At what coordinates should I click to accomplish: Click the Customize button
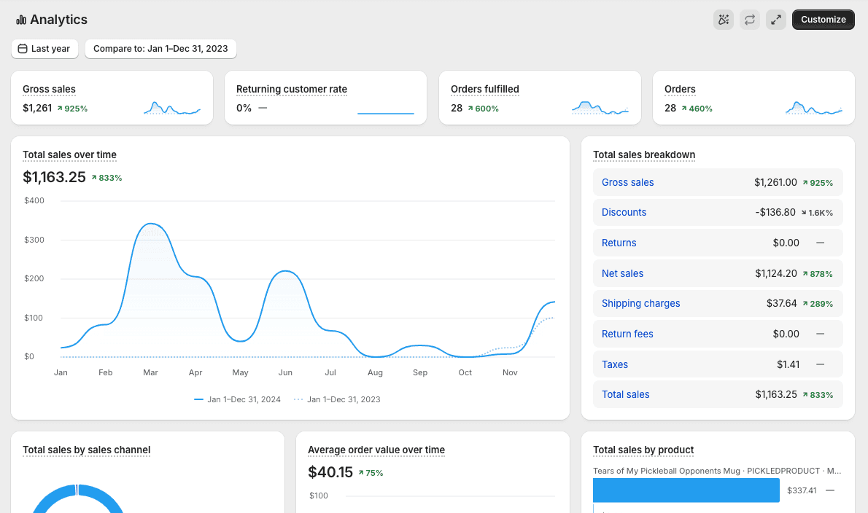[824, 20]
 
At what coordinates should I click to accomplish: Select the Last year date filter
[44, 49]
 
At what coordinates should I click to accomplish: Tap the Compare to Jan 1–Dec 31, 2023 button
[160, 49]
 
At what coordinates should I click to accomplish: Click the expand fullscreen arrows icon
[776, 20]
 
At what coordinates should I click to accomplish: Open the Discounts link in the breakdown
[624, 212]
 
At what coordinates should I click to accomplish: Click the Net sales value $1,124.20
[776, 273]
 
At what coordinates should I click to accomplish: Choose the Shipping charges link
[641, 303]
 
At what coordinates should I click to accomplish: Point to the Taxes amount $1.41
[788, 364]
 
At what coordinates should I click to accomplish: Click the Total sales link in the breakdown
[626, 394]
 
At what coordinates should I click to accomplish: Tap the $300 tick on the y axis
[34, 239]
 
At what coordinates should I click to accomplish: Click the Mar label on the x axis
[150, 372]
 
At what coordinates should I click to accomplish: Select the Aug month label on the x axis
[376, 372]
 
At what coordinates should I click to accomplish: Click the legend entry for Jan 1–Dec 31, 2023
[337, 399]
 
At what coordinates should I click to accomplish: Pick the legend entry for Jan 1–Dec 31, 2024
[238, 399]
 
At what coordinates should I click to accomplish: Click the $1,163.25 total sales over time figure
[54, 177]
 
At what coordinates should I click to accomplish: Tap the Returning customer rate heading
[292, 89]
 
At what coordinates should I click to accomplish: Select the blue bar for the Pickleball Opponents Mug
[686, 490]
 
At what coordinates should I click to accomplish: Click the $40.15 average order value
[330, 472]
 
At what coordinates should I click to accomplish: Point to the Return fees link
[628, 334]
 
